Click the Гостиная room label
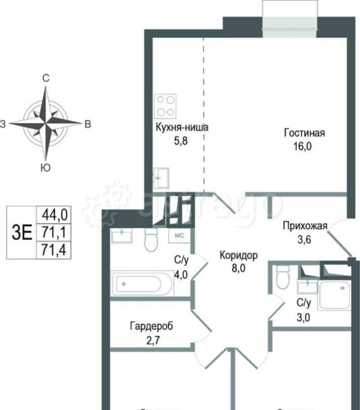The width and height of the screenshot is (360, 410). point(304,133)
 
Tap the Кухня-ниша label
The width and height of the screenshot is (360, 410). point(182,129)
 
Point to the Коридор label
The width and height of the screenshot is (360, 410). point(238,255)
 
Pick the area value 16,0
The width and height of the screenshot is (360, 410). point(304,147)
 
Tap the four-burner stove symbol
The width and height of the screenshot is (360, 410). point(166,105)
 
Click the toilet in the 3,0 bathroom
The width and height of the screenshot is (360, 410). point(282,277)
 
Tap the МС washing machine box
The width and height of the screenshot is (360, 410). point(180,235)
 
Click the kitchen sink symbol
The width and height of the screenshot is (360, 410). point(161,177)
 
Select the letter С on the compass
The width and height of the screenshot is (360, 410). point(45,78)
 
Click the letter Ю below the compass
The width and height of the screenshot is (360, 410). point(45,166)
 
